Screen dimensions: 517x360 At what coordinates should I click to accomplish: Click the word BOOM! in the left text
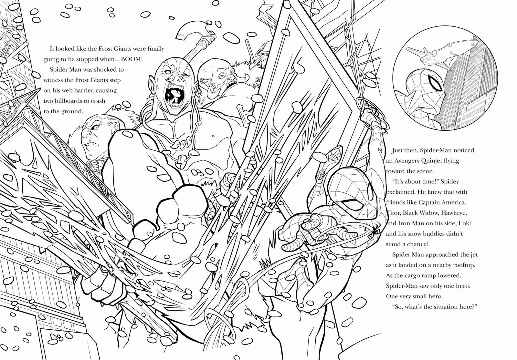click(x=132, y=59)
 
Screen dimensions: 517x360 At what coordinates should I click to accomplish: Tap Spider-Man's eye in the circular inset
click(x=435, y=83)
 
